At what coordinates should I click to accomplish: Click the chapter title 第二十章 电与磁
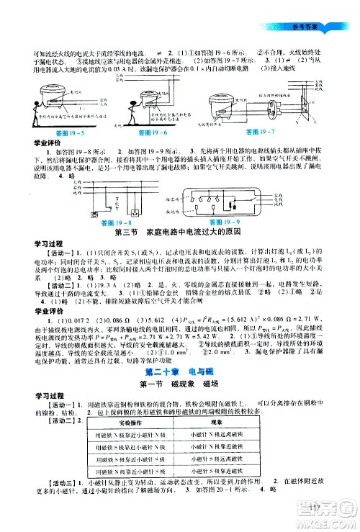180,372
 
